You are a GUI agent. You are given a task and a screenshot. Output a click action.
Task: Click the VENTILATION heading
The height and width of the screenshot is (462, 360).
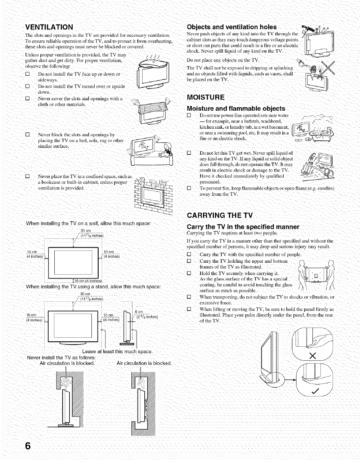[49, 27]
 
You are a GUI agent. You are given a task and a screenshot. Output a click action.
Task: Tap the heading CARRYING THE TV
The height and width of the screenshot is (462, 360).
[220, 216]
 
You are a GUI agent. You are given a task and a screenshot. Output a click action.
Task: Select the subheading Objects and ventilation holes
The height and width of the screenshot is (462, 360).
[232, 27]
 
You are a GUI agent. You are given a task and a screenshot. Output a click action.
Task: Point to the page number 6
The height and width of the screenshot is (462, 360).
[28, 445]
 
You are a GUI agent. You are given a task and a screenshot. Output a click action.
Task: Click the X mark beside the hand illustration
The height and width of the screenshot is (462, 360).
[312, 356]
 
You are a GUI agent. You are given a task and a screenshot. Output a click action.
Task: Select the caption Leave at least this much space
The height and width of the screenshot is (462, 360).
[117, 351]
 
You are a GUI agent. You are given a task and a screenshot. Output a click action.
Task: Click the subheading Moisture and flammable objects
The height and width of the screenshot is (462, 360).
[236, 108]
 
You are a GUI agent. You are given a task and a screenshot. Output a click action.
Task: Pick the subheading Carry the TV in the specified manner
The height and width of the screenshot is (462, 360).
[243, 227]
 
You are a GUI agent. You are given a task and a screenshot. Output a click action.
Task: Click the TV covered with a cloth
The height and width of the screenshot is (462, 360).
[147, 110]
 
